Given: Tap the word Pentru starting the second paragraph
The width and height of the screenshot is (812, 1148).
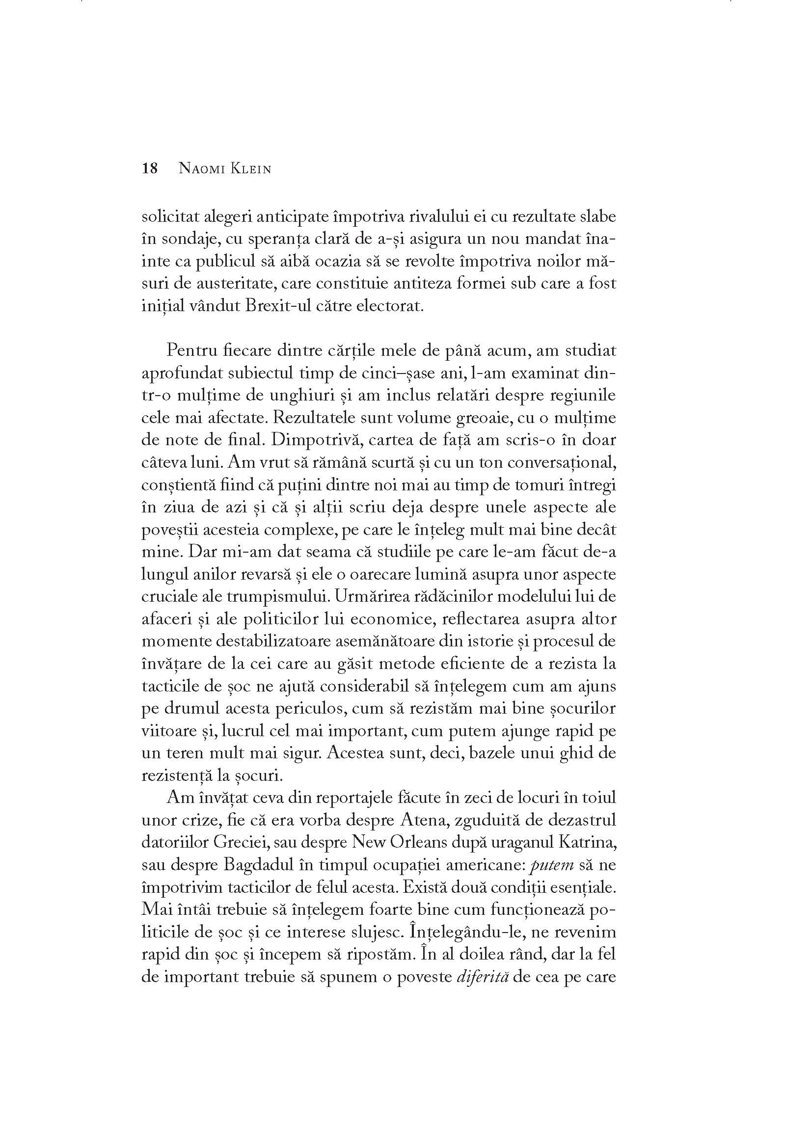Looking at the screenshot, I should click(190, 350).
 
